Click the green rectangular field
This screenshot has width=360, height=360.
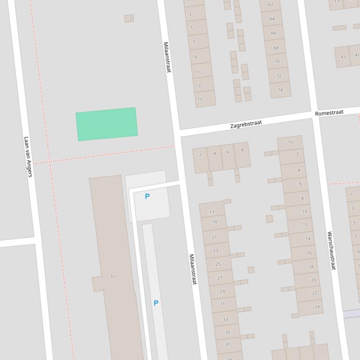[107, 124]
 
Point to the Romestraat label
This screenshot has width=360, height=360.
[329, 113]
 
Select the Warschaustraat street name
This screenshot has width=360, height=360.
[331, 251]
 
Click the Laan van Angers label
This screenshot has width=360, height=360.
[29, 157]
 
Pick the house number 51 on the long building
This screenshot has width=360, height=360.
[112, 276]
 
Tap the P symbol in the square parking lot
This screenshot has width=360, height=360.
[147, 196]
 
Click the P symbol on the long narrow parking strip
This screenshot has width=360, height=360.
[156, 303]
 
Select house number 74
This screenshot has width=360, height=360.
[280, 90]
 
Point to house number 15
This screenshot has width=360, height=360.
[200, 99]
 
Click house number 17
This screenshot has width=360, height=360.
[212, 212]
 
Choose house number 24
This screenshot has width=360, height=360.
[317, 307]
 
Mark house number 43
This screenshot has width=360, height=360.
[343, 57]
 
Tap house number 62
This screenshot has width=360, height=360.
[271, 5]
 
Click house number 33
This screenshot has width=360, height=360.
[225, 319]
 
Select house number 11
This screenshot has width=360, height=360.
[197, 72]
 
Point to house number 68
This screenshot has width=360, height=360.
[276, 48]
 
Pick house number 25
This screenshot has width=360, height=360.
[218, 264]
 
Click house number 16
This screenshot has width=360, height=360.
[309, 252]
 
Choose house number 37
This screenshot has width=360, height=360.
[228, 344]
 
